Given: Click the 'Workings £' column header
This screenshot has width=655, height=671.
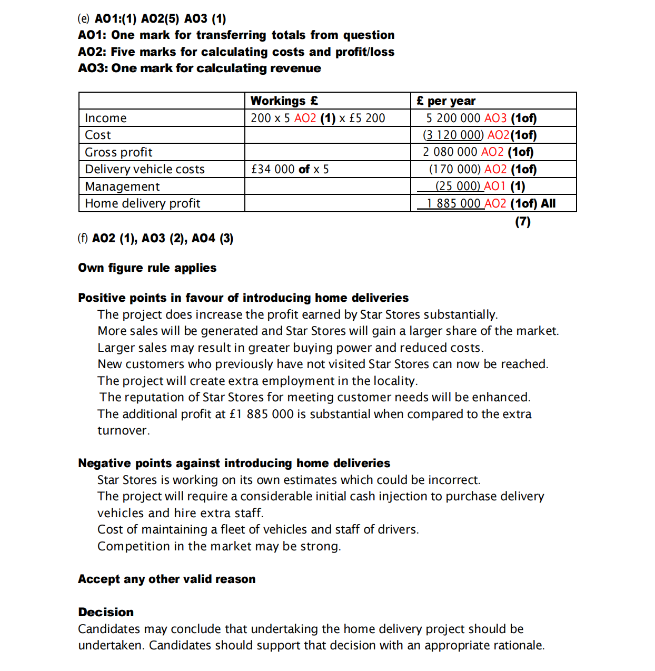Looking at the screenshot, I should point(284,101).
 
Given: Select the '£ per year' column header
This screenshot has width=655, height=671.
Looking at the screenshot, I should point(445,101).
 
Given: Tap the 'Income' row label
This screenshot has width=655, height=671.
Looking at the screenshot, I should point(105,118).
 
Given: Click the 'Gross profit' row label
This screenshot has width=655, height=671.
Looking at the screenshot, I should point(118,152).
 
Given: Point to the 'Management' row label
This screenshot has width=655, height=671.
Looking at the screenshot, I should point(122,186).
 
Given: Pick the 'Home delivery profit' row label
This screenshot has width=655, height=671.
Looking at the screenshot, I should point(142,203).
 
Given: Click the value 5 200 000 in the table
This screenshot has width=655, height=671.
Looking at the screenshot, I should point(453,118).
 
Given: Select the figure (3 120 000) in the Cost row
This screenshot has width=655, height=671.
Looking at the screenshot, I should point(453,135).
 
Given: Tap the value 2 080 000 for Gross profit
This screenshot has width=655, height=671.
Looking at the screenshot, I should point(450,152).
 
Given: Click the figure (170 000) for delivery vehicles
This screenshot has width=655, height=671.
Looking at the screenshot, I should point(454,169).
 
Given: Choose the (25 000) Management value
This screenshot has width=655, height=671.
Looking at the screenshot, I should point(458,186).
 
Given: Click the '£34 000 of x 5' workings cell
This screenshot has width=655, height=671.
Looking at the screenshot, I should point(290,169).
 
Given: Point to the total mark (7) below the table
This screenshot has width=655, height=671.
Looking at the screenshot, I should point(522,222).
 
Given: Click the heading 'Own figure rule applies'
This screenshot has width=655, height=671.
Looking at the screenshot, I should point(147,268).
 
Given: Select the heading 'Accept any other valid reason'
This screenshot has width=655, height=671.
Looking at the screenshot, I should point(166,579).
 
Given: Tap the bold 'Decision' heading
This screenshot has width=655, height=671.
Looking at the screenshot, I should point(106,612).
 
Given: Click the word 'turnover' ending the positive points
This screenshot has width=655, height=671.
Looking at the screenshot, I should point(122,431).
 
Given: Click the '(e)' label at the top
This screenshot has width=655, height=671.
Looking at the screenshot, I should point(84,19).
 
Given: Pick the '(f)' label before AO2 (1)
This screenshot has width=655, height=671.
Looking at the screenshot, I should point(83,239).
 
